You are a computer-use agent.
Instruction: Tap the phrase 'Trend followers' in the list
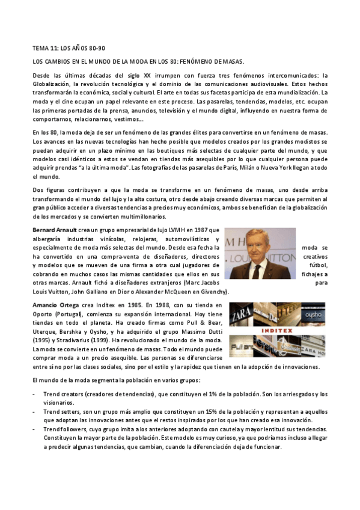(66, 429)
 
